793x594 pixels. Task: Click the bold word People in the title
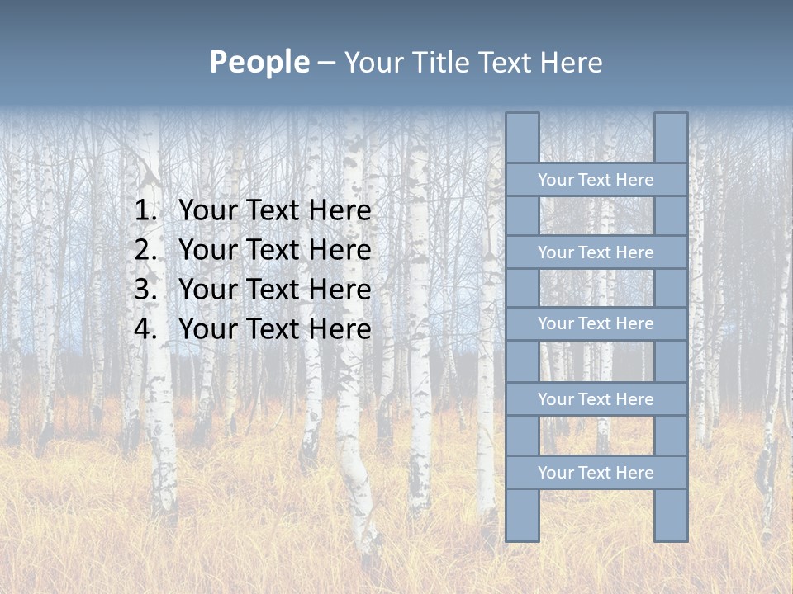[x=259, y=63]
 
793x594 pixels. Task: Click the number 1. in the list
[x=145, y=211]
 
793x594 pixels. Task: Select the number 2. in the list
[x=145, y=251]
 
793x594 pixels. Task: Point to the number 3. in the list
[x=145, y=290]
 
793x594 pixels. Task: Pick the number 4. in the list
[x=145, y=329]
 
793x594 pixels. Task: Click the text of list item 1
[x=274, y=211]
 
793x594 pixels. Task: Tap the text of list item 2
[x=274, y=251]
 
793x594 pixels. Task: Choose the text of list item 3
[x=274, y=290]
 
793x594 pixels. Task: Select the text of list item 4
[x=274, y=329]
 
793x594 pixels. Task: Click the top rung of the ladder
[x=596, y=180]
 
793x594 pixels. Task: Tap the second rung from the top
[x=596, y=252]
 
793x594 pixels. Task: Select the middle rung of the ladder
[x=596, y=323]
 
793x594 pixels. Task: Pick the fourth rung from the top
[x=596, y=399]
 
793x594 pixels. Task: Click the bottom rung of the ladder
[x=596, y=473]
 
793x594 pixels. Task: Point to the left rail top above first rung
[x=522, y=138]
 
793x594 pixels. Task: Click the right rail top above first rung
[x=671, y=138]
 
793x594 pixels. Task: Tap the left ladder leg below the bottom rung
[x=522, y=515]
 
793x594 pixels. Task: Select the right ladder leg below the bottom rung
[x=671, y=515]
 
